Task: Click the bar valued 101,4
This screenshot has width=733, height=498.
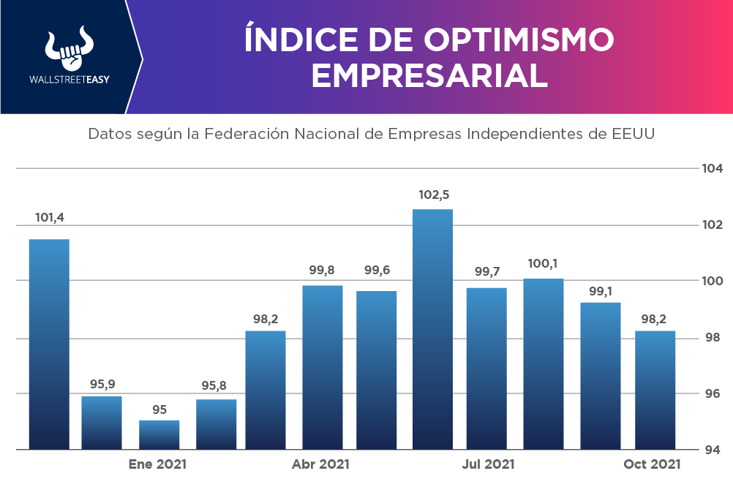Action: point(49,344)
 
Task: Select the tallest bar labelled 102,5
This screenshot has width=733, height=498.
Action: point(432,329)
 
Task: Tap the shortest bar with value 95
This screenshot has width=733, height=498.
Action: point(159,434)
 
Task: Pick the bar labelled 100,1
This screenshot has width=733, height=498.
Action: point(544,363)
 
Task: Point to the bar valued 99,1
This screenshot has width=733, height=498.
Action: point(601,375)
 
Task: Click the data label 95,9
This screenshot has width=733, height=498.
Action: point(102,383)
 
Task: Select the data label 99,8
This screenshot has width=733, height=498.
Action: point(323,271)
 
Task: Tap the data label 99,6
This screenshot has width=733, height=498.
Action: point(377,271)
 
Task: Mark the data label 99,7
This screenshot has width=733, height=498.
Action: point(486,272)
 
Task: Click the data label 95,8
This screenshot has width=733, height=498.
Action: point(217,385)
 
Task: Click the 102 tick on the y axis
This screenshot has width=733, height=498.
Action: point(712,225)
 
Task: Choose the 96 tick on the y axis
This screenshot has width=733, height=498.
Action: point(712,393)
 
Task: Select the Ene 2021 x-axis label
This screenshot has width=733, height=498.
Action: point(157,464)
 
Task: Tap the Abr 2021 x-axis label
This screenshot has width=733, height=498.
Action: point(320,464)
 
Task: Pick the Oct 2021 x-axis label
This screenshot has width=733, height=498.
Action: point(652,464)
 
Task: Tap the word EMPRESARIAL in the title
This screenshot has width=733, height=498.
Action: point(429,75)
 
